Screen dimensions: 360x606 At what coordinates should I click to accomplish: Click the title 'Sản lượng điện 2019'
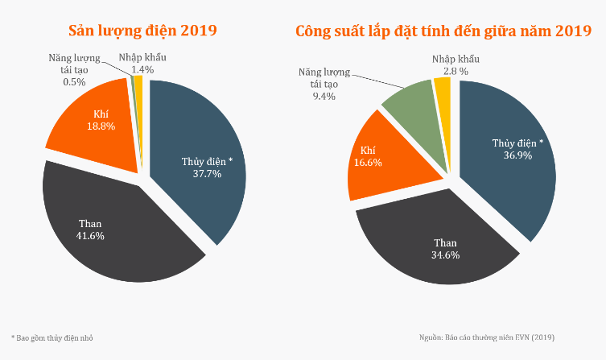coord(143,31)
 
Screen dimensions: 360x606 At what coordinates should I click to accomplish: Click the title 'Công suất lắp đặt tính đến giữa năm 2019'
coord(443,31)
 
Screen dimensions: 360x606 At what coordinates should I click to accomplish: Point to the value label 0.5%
coord(74,81)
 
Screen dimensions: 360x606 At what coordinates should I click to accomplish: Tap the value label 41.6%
coord(90,235)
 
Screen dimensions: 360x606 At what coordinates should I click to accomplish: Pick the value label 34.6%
coord(445,255)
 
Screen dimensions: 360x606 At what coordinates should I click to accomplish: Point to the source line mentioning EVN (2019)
coord(487,337)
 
